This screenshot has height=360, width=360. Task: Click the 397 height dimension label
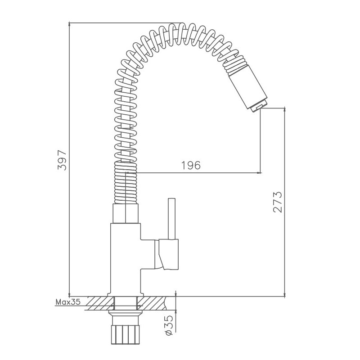62,160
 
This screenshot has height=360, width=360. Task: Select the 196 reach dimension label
191,165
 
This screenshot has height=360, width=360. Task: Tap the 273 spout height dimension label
278,202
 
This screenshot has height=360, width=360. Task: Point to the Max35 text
68,301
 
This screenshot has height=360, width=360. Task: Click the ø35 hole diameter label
169,325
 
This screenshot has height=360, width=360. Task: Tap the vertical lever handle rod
172,219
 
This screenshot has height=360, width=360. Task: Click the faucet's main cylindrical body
126,260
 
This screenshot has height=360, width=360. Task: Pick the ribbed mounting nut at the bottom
126,334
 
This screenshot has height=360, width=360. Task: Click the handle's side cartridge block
169,254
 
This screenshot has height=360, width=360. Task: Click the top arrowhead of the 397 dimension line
69,25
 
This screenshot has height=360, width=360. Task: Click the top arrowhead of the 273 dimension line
285,110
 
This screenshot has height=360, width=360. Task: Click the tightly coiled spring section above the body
126,183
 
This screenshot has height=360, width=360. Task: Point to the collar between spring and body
126,213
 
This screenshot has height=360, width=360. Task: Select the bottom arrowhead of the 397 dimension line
69,294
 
